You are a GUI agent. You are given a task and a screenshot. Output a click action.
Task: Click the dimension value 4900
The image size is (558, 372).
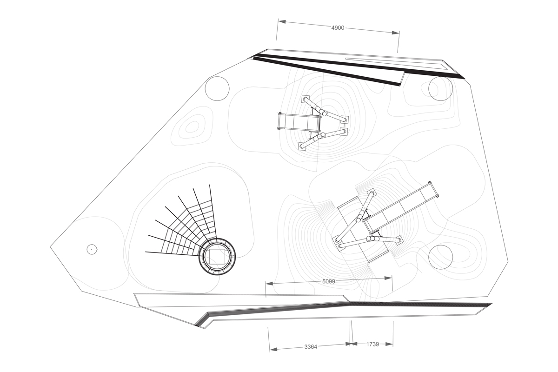point(338,28)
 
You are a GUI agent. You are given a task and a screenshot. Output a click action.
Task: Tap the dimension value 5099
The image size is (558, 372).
point(329,281)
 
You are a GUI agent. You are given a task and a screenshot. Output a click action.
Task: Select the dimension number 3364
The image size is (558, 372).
point(311,347)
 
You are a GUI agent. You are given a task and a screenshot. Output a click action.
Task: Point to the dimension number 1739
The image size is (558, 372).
point(372,344)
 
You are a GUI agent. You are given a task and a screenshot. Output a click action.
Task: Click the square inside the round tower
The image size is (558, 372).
point(217,257)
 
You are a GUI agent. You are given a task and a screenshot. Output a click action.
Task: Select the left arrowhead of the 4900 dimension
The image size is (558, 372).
point(282,22)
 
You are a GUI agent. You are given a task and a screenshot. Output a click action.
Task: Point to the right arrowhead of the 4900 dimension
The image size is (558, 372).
point(396,33)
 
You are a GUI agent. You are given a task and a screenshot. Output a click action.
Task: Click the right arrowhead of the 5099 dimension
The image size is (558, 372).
point(388,278)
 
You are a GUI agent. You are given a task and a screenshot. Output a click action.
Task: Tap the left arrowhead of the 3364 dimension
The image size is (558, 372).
point(273,349)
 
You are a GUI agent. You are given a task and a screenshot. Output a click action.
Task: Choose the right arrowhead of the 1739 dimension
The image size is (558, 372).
point(389,344)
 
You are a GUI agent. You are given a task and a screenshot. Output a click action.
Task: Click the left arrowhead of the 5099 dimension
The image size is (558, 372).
point(269,284)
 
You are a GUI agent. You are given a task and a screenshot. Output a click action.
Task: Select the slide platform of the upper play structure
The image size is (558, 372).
point(299,122)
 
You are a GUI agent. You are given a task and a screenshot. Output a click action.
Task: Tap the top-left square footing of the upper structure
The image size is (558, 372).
point(305,99)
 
